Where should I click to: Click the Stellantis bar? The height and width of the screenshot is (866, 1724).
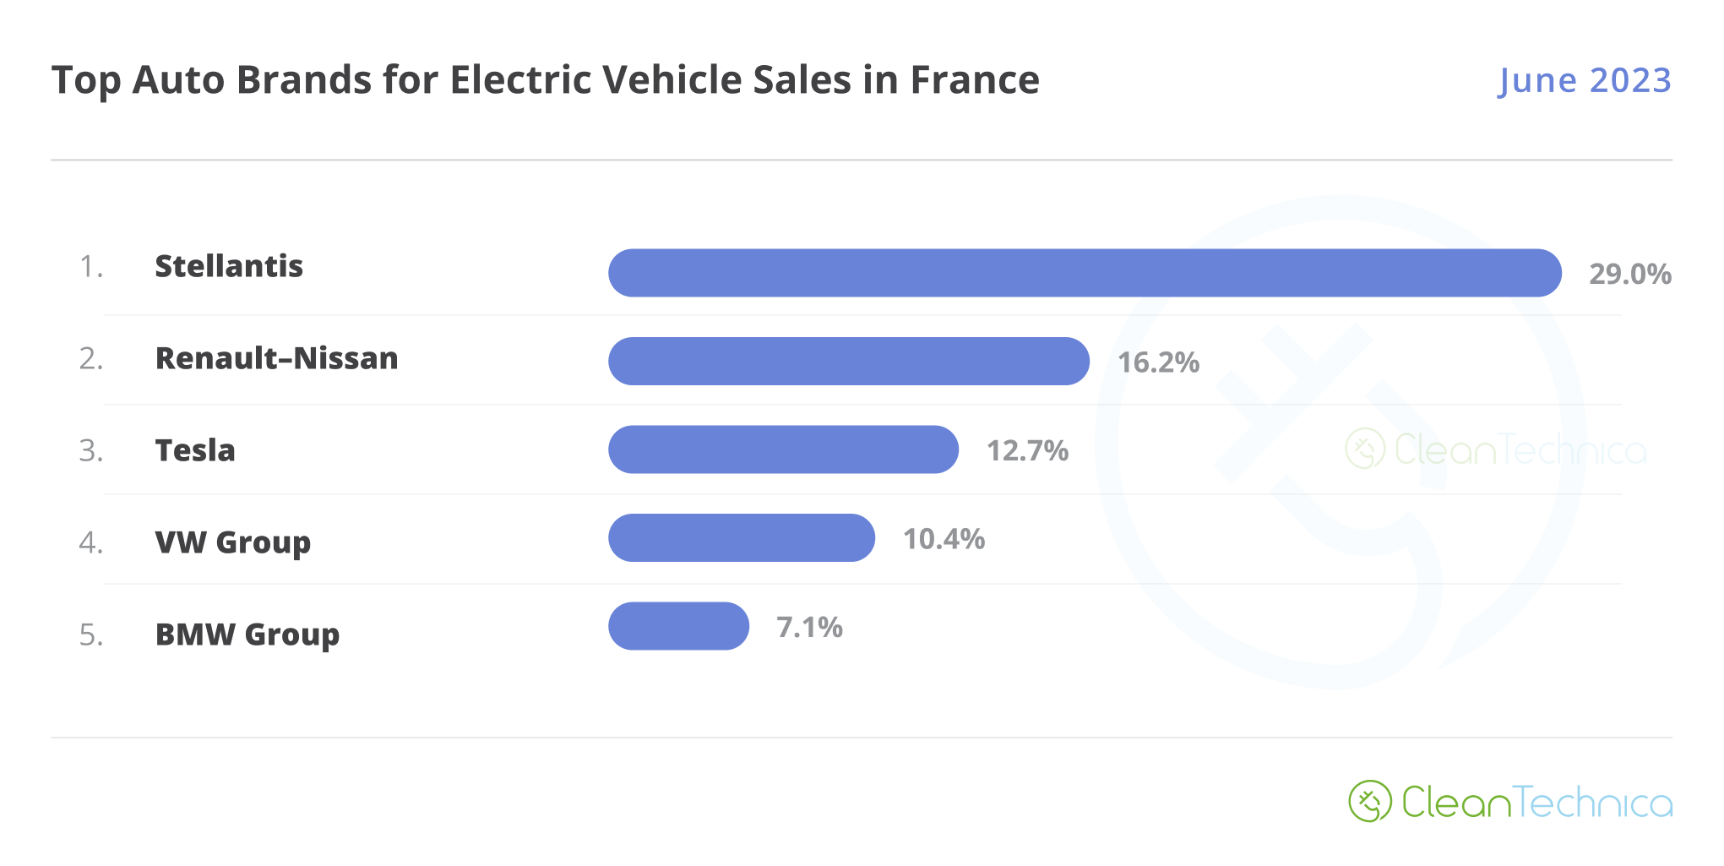pos(1085,273)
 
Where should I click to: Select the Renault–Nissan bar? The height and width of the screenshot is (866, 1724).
pos(848,362)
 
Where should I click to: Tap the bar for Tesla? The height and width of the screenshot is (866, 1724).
pos(783,449)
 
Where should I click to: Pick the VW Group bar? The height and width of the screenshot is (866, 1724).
pos(741,538)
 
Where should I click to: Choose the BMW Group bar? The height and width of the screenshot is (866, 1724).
pos(678,626)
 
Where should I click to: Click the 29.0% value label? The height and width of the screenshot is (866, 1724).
pos(1629,275)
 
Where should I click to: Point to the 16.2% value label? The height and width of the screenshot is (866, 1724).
pos(1158,363)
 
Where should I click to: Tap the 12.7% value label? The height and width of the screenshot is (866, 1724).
pos(1027,451)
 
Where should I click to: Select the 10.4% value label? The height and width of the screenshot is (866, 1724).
pos(944,539)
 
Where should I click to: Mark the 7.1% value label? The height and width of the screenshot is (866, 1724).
pos(809,628)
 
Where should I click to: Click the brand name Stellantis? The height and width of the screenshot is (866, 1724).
pos(229,267)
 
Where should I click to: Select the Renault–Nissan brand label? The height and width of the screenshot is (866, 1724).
pos(276,359)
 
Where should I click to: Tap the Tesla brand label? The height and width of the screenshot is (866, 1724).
pos(195,450)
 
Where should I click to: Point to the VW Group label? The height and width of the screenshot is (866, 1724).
pos(233,542)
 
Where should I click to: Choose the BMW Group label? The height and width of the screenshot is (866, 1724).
pos(247,635)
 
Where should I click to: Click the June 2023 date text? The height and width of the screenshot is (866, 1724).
pos(1585,81)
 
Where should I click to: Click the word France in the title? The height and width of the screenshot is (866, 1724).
pos(974,80)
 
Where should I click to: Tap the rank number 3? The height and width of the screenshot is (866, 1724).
pos(90,451)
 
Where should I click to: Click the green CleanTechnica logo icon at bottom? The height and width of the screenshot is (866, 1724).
pos(1369,801)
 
